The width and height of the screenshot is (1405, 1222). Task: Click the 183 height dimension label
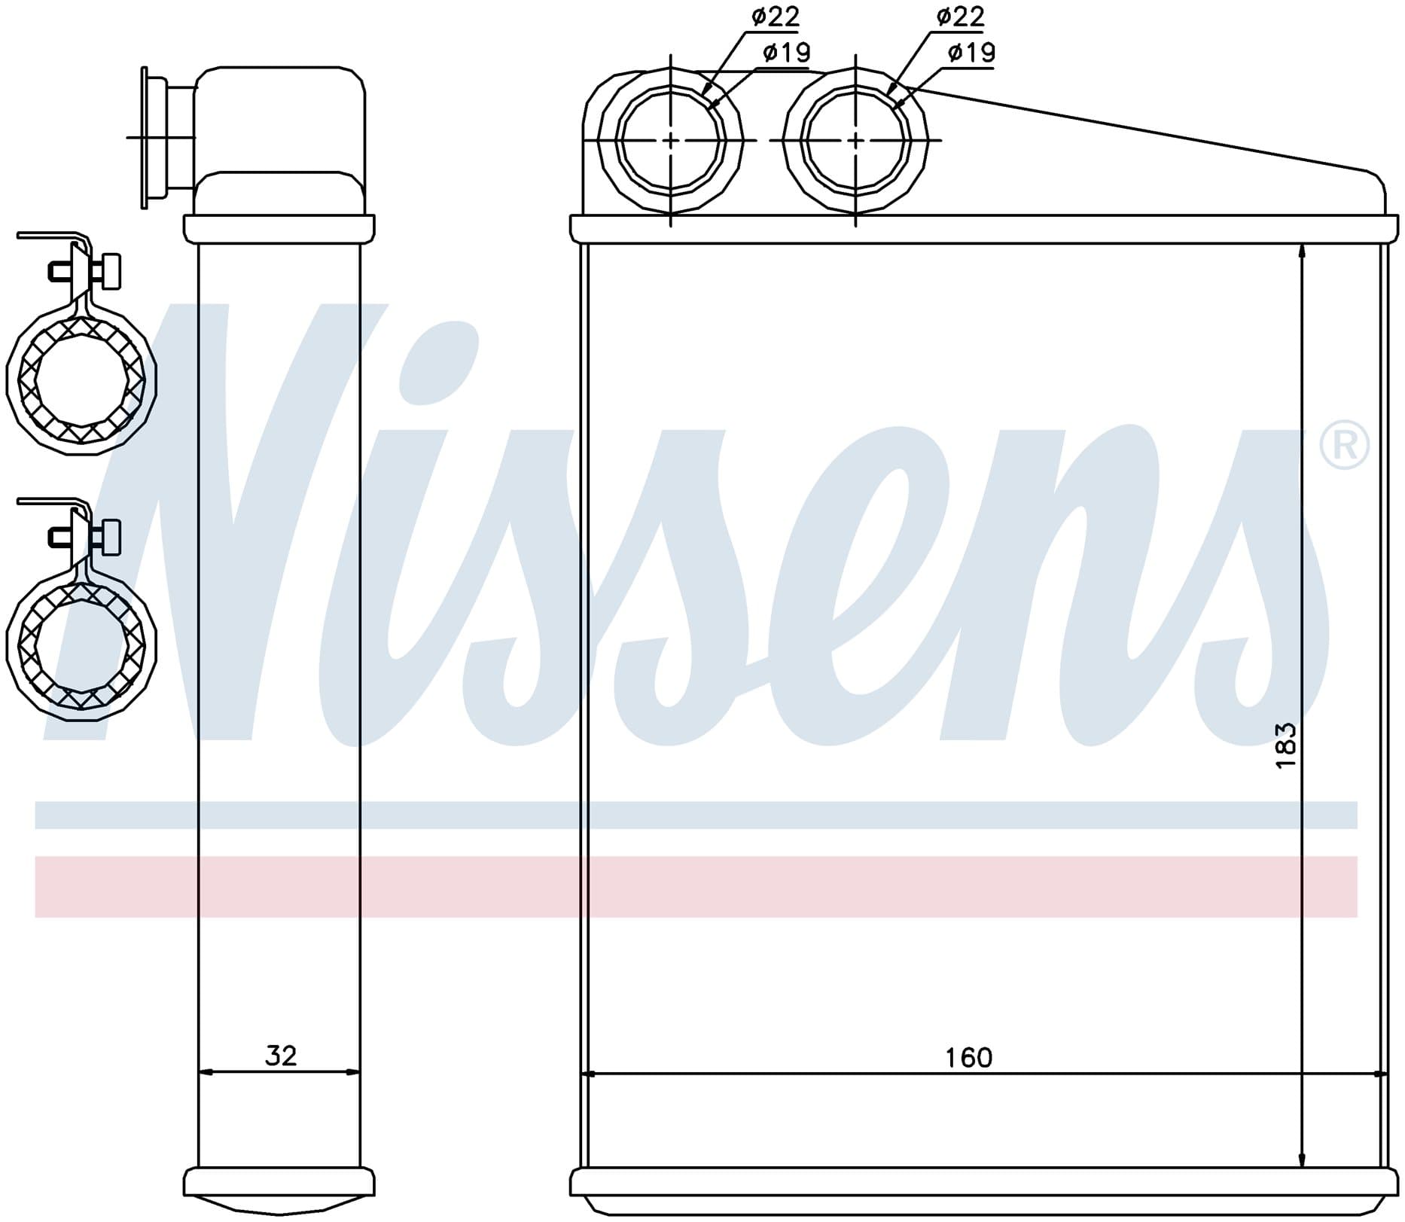tap(1285, 745)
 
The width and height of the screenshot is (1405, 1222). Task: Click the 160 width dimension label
tap(969, 1058)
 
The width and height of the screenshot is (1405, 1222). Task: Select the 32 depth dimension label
tap(281, 1056)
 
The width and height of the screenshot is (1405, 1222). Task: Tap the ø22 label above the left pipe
tap(776, 17)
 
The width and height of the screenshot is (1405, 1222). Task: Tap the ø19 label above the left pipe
tap(787, 52)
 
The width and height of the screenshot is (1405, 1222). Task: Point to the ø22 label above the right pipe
tap(961, 17)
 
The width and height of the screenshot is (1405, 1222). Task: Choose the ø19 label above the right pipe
tap(972, 52)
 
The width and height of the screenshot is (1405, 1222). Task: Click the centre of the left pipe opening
tap(670, 140)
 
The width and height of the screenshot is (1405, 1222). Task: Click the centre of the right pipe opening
tap(855, 140)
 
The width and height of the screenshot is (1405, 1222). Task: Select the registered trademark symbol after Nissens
tap(1345, 446)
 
